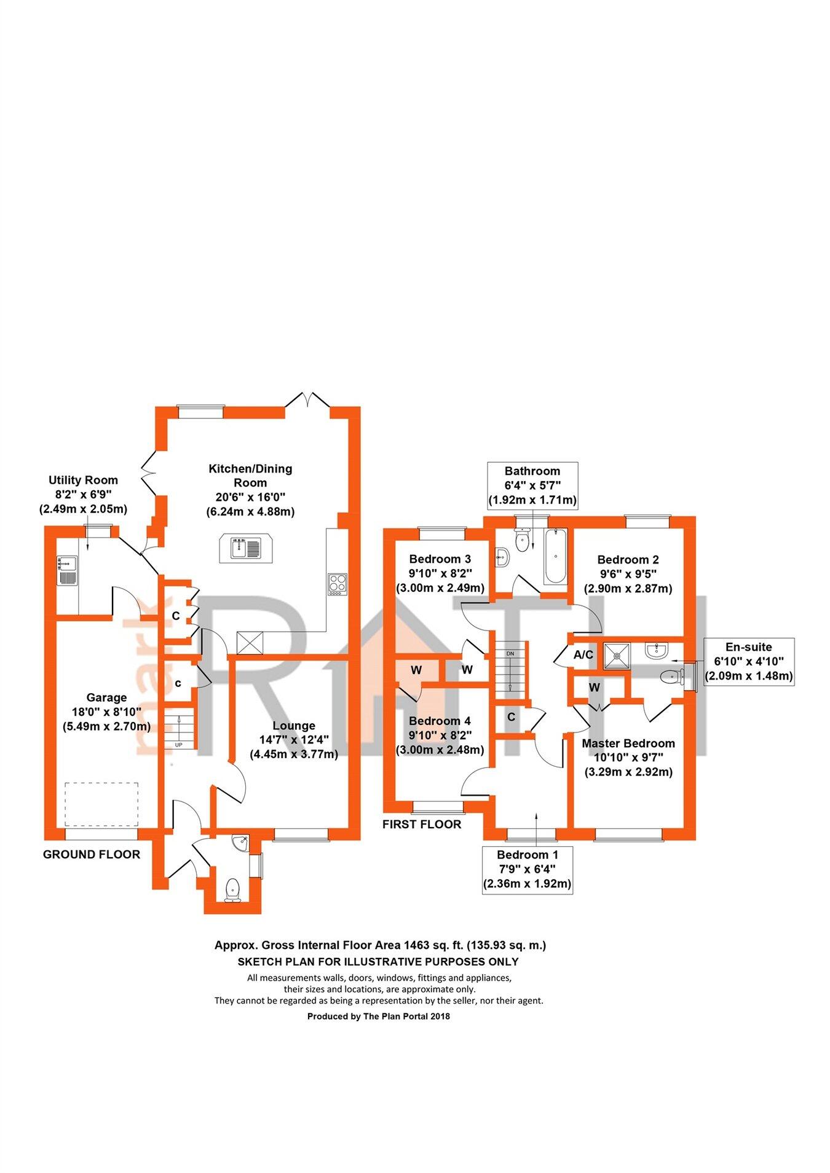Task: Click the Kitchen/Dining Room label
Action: (x=250, y=490)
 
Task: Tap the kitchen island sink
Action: (x=245, y=547)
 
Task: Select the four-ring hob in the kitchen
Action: (x=338, y=584)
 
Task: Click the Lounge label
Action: (x=293, y=740)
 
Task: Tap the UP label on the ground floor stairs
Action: (x=179, y=745)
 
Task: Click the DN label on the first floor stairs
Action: (x=510, y=653)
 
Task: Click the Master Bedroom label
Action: (x=628, y=757)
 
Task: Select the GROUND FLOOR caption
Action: (x=92, y=854)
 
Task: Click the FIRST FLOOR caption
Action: (x=422, y=824)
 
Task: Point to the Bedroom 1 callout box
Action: (x=528, y=869)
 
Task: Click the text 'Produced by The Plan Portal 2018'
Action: (x=378, y=1016)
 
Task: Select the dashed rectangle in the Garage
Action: (x=101, y=804)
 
